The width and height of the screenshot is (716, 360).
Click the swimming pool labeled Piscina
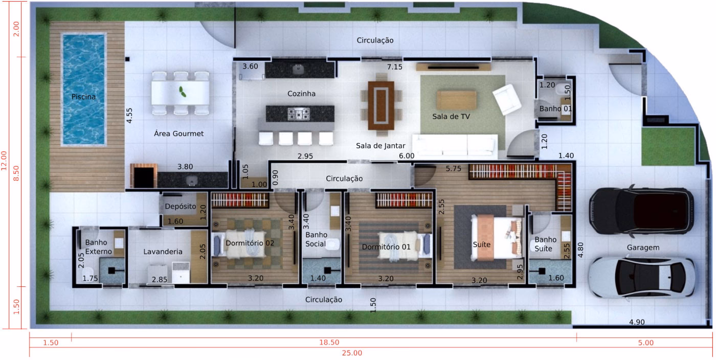[83, 89]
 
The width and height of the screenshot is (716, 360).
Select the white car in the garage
[641, 276]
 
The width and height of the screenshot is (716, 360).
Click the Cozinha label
[301, 94]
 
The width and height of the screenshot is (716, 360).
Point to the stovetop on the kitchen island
[298, 114]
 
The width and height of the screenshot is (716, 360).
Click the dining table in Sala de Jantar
[381, 105]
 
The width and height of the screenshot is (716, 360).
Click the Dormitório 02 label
[250, 243]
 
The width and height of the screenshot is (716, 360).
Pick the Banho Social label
[316, 239]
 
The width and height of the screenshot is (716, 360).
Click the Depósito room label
[181, 207]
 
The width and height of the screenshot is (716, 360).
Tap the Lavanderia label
[163, 252]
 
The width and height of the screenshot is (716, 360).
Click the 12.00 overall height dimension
[5, 164]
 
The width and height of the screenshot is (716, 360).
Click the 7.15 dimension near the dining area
[394, 67]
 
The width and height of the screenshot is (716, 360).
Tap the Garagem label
[643, 247]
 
